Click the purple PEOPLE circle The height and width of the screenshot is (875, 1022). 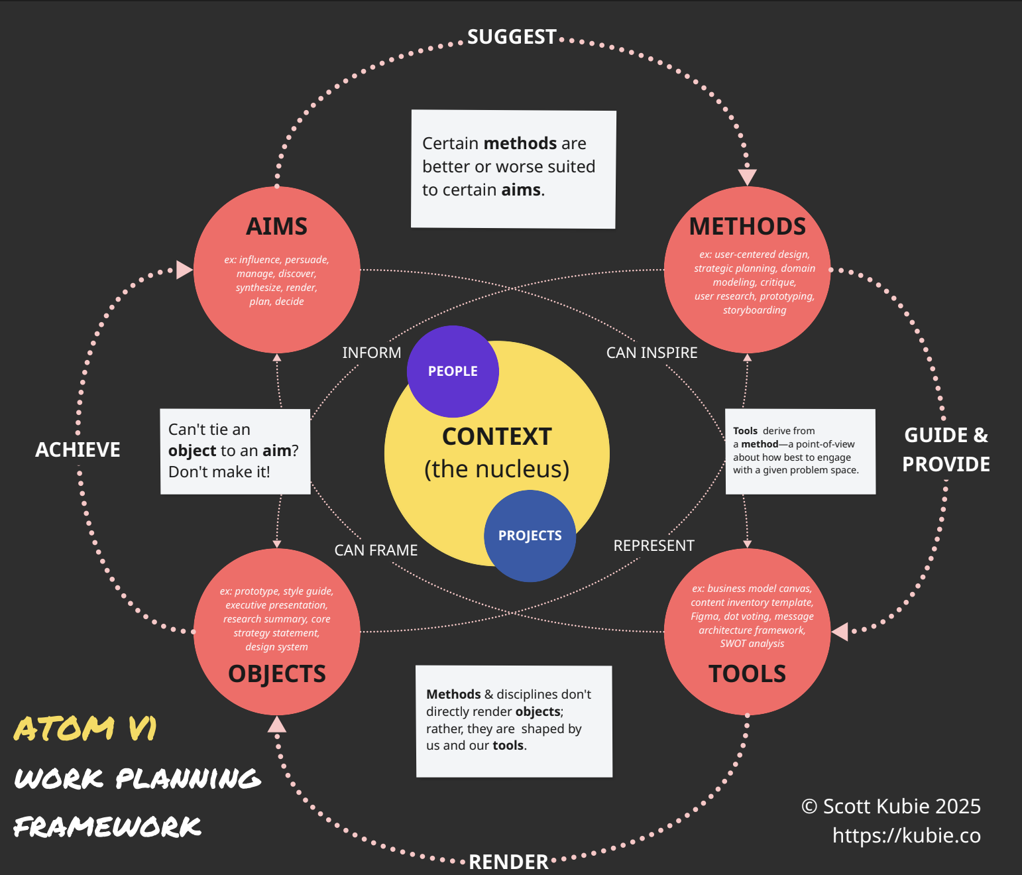453,371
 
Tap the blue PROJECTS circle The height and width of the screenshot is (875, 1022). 530,536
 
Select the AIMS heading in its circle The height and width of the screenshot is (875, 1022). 276,227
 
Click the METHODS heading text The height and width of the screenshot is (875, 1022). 747,227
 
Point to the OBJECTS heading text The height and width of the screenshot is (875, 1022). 277,673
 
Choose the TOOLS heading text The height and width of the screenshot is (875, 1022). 747,673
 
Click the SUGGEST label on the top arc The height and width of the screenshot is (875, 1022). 512,37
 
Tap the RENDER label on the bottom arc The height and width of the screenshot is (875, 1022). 509,862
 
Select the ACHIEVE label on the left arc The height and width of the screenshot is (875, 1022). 78,450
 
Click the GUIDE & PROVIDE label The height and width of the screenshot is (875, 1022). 946,449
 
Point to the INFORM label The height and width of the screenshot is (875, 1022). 371,353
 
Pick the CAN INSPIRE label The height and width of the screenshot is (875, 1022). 652,353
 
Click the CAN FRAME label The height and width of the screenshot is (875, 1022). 376,550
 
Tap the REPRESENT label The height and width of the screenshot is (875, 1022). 653,546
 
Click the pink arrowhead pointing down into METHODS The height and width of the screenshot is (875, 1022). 748,177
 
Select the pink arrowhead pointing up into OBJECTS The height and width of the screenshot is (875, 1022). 277,725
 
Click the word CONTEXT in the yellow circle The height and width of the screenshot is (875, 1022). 496,437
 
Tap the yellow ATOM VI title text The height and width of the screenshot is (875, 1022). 85,729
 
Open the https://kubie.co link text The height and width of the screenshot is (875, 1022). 906,835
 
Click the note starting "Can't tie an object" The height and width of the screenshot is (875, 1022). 235,451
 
